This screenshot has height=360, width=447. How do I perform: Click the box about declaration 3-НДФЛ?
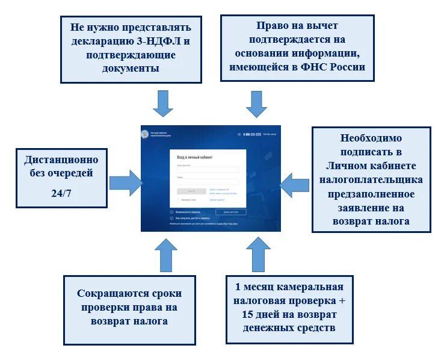point(131,48)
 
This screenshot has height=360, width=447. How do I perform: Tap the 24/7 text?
point(62,193)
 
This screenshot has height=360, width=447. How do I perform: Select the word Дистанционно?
point(61,160)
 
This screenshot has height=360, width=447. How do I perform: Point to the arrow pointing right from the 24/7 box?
point(126,182)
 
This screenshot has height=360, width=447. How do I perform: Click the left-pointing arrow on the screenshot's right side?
point(295,184)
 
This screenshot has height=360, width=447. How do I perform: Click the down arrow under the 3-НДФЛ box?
point(162,103)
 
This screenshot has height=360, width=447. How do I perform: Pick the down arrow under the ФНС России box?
point(257,104)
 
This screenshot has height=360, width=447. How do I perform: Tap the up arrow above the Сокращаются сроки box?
point(165,255)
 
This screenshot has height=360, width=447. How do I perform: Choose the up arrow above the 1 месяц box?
point(259,253)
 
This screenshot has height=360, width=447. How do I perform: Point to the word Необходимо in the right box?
point(371,138)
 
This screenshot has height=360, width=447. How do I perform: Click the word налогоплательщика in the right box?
point(371,179)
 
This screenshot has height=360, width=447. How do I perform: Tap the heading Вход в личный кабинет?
point(195,157)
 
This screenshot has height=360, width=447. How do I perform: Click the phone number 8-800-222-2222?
point(252,134)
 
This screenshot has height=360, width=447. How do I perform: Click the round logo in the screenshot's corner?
point(144,134)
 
